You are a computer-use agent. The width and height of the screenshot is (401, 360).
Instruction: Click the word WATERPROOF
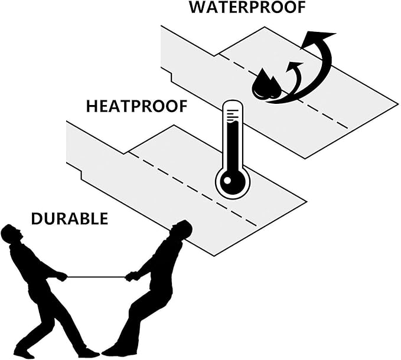[x=247, y=8]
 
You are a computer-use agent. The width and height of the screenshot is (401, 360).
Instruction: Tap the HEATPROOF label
[x=137, y=106]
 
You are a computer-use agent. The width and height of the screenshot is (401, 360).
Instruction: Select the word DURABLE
[x=70, y=219]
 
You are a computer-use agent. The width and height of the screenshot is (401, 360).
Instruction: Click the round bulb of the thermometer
[x=233, y=181]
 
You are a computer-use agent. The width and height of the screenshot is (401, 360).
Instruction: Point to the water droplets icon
[x=266, y=84]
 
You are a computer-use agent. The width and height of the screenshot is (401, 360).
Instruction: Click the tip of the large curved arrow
[x=335, y=34]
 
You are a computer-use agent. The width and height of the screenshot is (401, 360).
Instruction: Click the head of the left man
[x=11, y=233]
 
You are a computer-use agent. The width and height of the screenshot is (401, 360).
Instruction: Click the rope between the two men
[x=96, y=277]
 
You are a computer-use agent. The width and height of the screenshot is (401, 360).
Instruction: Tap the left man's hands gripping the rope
[x=62, y=276]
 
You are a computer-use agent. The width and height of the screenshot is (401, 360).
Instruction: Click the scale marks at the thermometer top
[x=232, y=115]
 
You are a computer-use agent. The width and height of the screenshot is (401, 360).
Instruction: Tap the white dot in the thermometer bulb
[x=227, y=181]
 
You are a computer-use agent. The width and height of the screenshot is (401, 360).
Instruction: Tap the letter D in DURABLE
[x=37, y=219]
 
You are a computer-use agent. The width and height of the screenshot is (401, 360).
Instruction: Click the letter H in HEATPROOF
[x=92, y=107]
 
